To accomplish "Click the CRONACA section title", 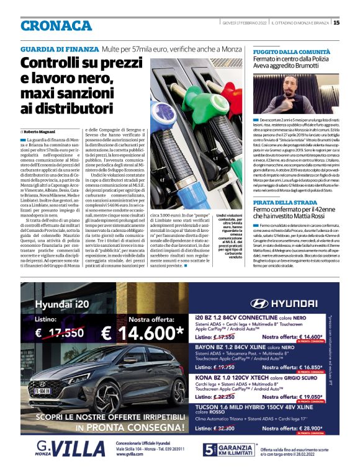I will click(x=56, y=25).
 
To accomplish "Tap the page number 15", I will click(x=336, y=23).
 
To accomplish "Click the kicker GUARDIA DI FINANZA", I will click(x=59, y=48).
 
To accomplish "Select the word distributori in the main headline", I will click(x=73, y=109).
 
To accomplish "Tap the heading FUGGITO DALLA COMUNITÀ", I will click(x=287, y=53).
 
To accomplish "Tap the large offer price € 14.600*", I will click(x=143, y=332).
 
